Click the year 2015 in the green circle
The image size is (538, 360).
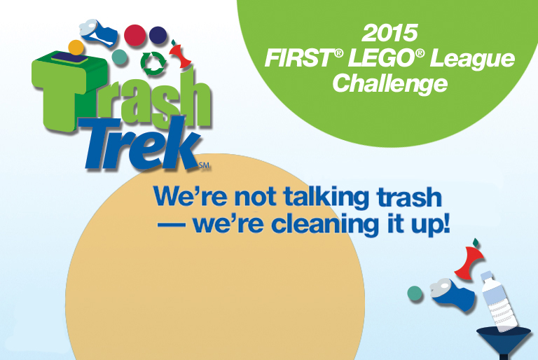pos(389,33)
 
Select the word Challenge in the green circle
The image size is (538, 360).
pos(390,84)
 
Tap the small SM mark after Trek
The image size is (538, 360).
pos(204,165)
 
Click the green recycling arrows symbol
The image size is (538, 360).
pos(153,64)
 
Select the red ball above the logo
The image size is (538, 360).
pos(134,35)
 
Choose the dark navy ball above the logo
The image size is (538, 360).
pos(158,35)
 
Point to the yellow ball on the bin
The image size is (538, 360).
pos(76,48)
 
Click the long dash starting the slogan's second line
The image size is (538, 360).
pos(171,226)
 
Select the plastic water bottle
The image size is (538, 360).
pos(498,301)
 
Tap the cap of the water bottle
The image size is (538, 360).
pos(487,276)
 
